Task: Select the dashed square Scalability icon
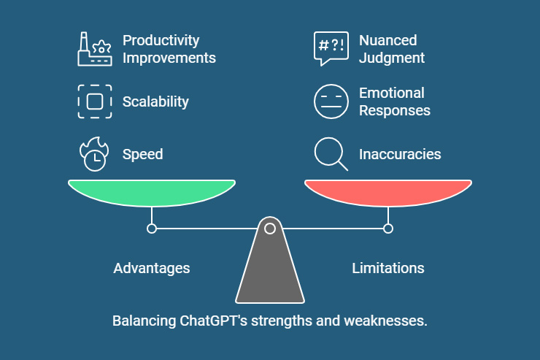tap(95, 102)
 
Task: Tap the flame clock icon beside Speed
tap(93, 154)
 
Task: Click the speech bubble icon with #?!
tap(331, 49)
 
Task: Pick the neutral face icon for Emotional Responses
tap(331, 102)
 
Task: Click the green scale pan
tap(152, 192)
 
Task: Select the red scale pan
tap(387, 192)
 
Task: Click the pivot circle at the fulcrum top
tap(269, 229)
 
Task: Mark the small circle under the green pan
tap(152, 229)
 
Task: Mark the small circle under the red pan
tap(388, 229)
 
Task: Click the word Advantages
tap(152, 268)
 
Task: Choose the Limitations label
tap(387, 268)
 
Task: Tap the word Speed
tap(142, 154)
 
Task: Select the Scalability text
tap(155, 102)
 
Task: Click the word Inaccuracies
tap(400, 154)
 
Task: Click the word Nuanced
tap(387, 40)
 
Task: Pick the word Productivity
tap(161, 40)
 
